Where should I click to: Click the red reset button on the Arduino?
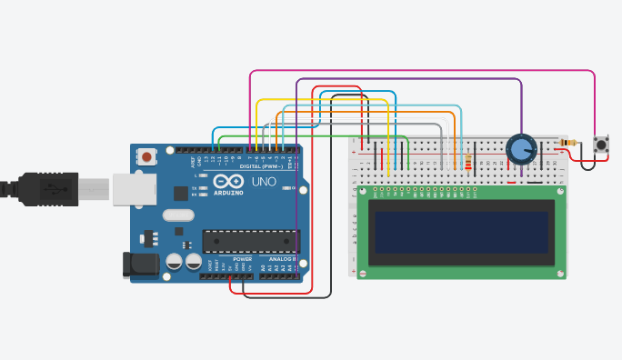(147, 157)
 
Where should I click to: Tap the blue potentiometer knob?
(520, 148)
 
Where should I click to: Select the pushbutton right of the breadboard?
(600, 144)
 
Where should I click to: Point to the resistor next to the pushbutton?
(569, 142)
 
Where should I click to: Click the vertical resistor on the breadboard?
(468, 162)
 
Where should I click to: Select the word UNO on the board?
(263, 182)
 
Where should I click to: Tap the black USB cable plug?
(55, 187)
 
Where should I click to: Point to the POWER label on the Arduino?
(243, 259)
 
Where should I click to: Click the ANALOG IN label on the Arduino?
(279, 259)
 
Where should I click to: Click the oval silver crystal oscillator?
(178, 216)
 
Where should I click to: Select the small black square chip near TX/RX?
(180, 193)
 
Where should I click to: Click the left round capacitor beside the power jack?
(174, 261)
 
